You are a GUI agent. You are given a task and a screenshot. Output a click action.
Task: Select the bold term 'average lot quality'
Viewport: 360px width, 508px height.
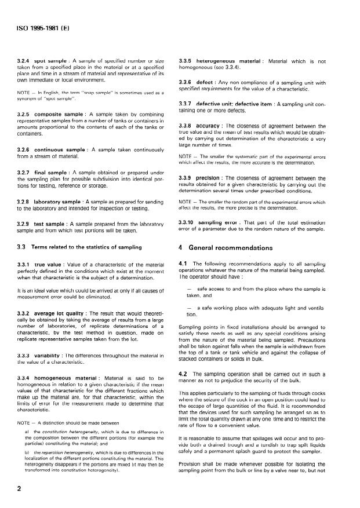(63, 312)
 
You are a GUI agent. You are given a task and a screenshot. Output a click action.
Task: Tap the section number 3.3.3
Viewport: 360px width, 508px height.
(24, 354)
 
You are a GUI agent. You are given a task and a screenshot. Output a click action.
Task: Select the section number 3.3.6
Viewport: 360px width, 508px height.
(188, 82)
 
